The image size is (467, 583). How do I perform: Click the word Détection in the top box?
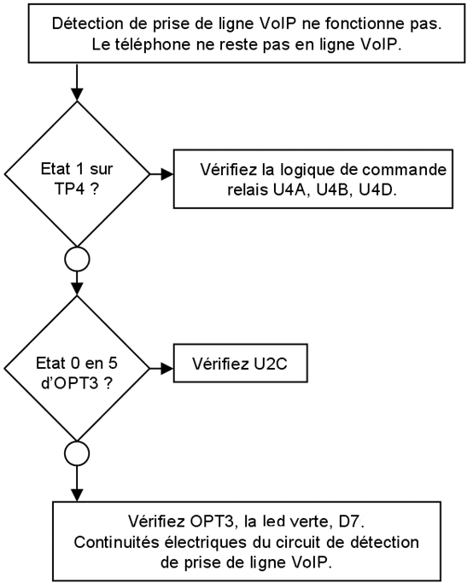coord(88,24)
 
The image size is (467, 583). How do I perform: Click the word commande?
coord(405,170)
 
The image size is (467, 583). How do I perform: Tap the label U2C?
coord(271,364)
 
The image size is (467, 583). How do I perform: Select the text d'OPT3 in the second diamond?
coord(70,383)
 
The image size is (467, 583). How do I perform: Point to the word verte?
coord(308,522)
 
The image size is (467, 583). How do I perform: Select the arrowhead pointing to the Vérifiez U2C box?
coord(167,369)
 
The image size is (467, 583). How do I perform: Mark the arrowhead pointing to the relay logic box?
coord(167,173)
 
